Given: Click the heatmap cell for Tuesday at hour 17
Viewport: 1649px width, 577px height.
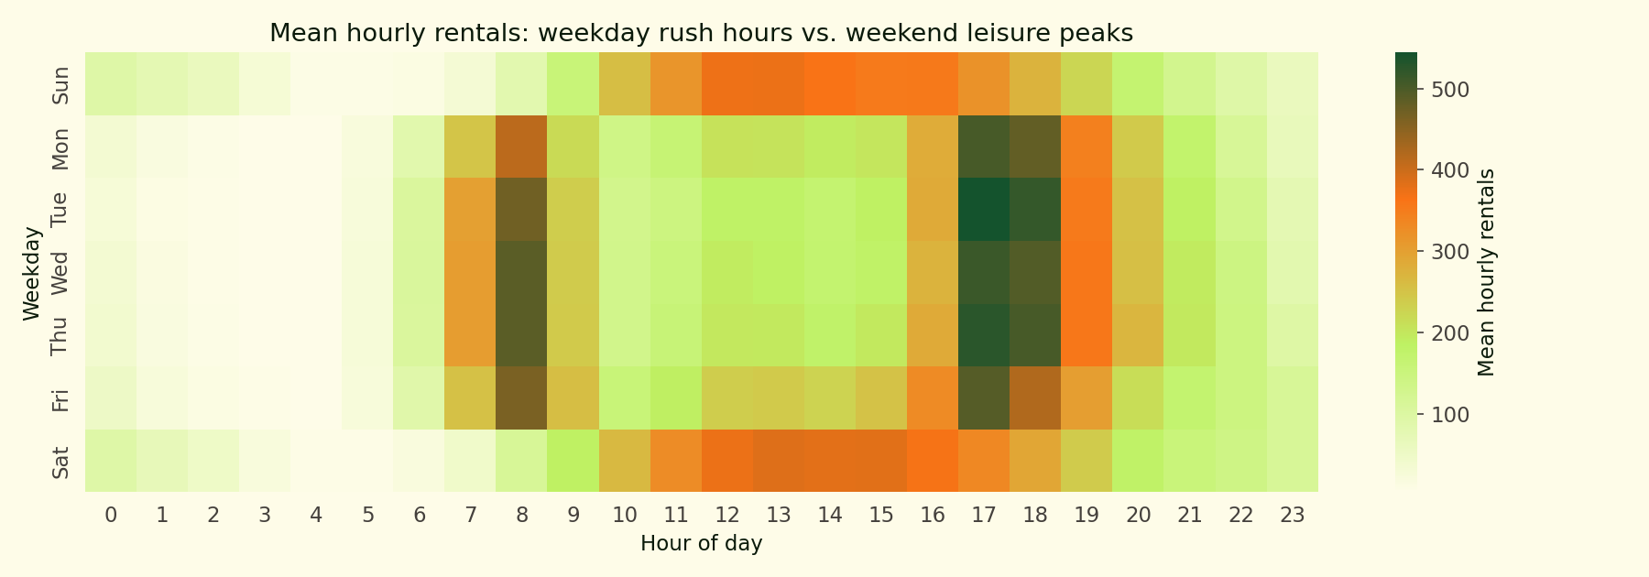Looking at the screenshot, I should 984,210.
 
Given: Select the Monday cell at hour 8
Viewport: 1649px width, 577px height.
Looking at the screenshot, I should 522,147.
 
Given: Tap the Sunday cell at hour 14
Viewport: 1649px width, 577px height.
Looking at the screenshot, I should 830,84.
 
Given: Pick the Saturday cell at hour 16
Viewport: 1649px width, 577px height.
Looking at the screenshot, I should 933,461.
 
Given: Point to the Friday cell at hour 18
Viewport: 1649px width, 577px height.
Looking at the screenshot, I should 1035,397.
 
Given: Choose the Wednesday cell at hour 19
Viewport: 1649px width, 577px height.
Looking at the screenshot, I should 1087,272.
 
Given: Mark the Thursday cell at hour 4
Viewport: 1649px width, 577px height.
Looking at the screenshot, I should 316,335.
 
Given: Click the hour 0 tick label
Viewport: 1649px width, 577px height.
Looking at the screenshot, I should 111,515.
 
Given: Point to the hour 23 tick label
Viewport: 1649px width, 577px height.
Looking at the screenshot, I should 1293,515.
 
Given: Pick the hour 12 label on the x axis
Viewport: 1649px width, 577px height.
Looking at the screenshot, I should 727,515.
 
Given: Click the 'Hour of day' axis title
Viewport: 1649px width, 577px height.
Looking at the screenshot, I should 702,543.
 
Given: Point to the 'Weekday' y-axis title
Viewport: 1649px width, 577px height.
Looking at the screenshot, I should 32,272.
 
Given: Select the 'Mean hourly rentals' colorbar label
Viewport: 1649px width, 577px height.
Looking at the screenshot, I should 1487,272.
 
